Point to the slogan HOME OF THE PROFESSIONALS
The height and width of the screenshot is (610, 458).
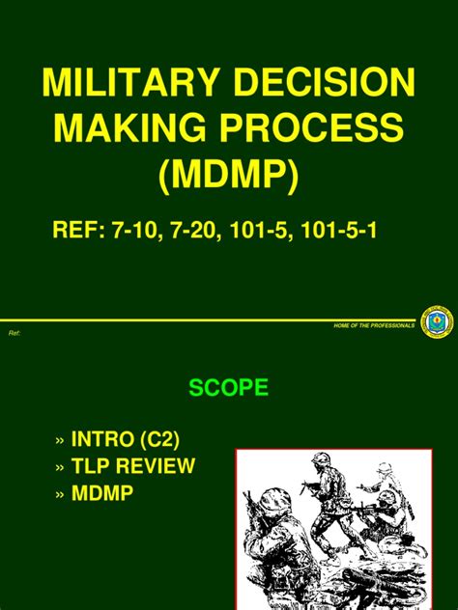pyautogui.click(x=372, y=325)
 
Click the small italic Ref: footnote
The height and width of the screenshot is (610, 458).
pyautogui.click(x=14, y=333)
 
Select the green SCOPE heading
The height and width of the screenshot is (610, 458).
pyautogui.click(x=228, y=390)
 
